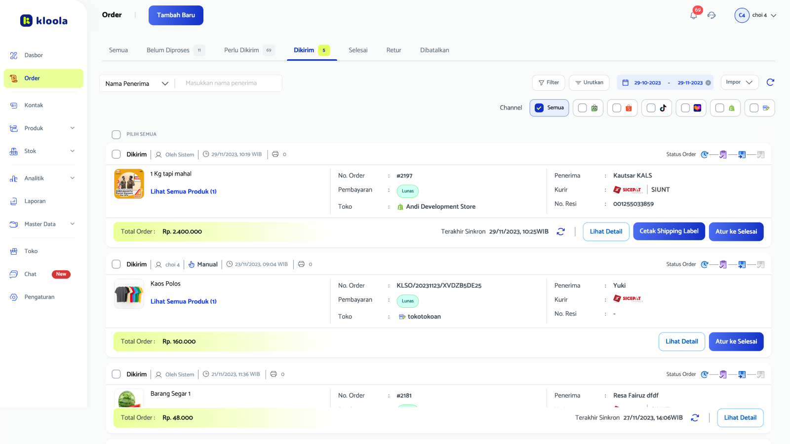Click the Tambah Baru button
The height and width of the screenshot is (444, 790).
click(x=176, y=15)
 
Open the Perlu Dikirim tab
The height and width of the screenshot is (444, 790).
click(x=241, y=50)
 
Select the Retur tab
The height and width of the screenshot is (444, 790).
click(x=394, y=50)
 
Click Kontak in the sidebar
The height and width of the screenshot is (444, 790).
click(x=34, y=105)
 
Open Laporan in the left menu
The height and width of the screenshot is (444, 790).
click(x=35, y=201)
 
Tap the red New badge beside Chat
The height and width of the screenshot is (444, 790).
click(x=61, y=274)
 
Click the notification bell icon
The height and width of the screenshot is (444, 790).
click(x=694, y=15)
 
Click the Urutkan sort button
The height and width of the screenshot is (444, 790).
click(x=589, y=83)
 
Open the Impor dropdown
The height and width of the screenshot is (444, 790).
click(x=739, y=82)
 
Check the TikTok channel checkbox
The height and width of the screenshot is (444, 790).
click(x=651, y=108)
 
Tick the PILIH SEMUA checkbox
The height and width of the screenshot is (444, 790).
click(x=117, y=135)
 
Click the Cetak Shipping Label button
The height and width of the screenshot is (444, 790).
click(x=669, y=231)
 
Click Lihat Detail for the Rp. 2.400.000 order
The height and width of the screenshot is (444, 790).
click(x=606, y=231)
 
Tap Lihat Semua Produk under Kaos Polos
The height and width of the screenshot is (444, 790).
click(x=184, y=301)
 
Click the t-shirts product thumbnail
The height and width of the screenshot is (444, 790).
click(x=129, y=294)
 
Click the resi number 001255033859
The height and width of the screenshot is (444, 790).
click(x=633, y=204)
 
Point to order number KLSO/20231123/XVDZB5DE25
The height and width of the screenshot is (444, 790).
click(x=439, y=286)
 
